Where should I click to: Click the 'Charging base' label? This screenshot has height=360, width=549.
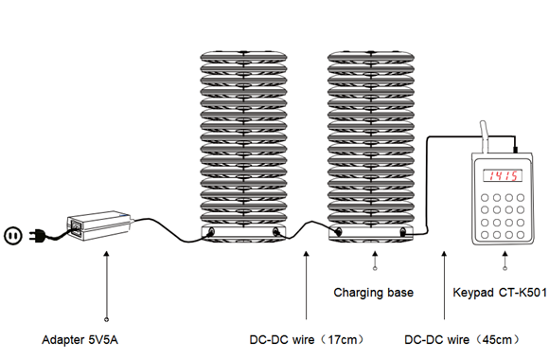[x=373, y=293]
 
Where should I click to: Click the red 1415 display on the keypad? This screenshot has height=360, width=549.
[x=499, y=176]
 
